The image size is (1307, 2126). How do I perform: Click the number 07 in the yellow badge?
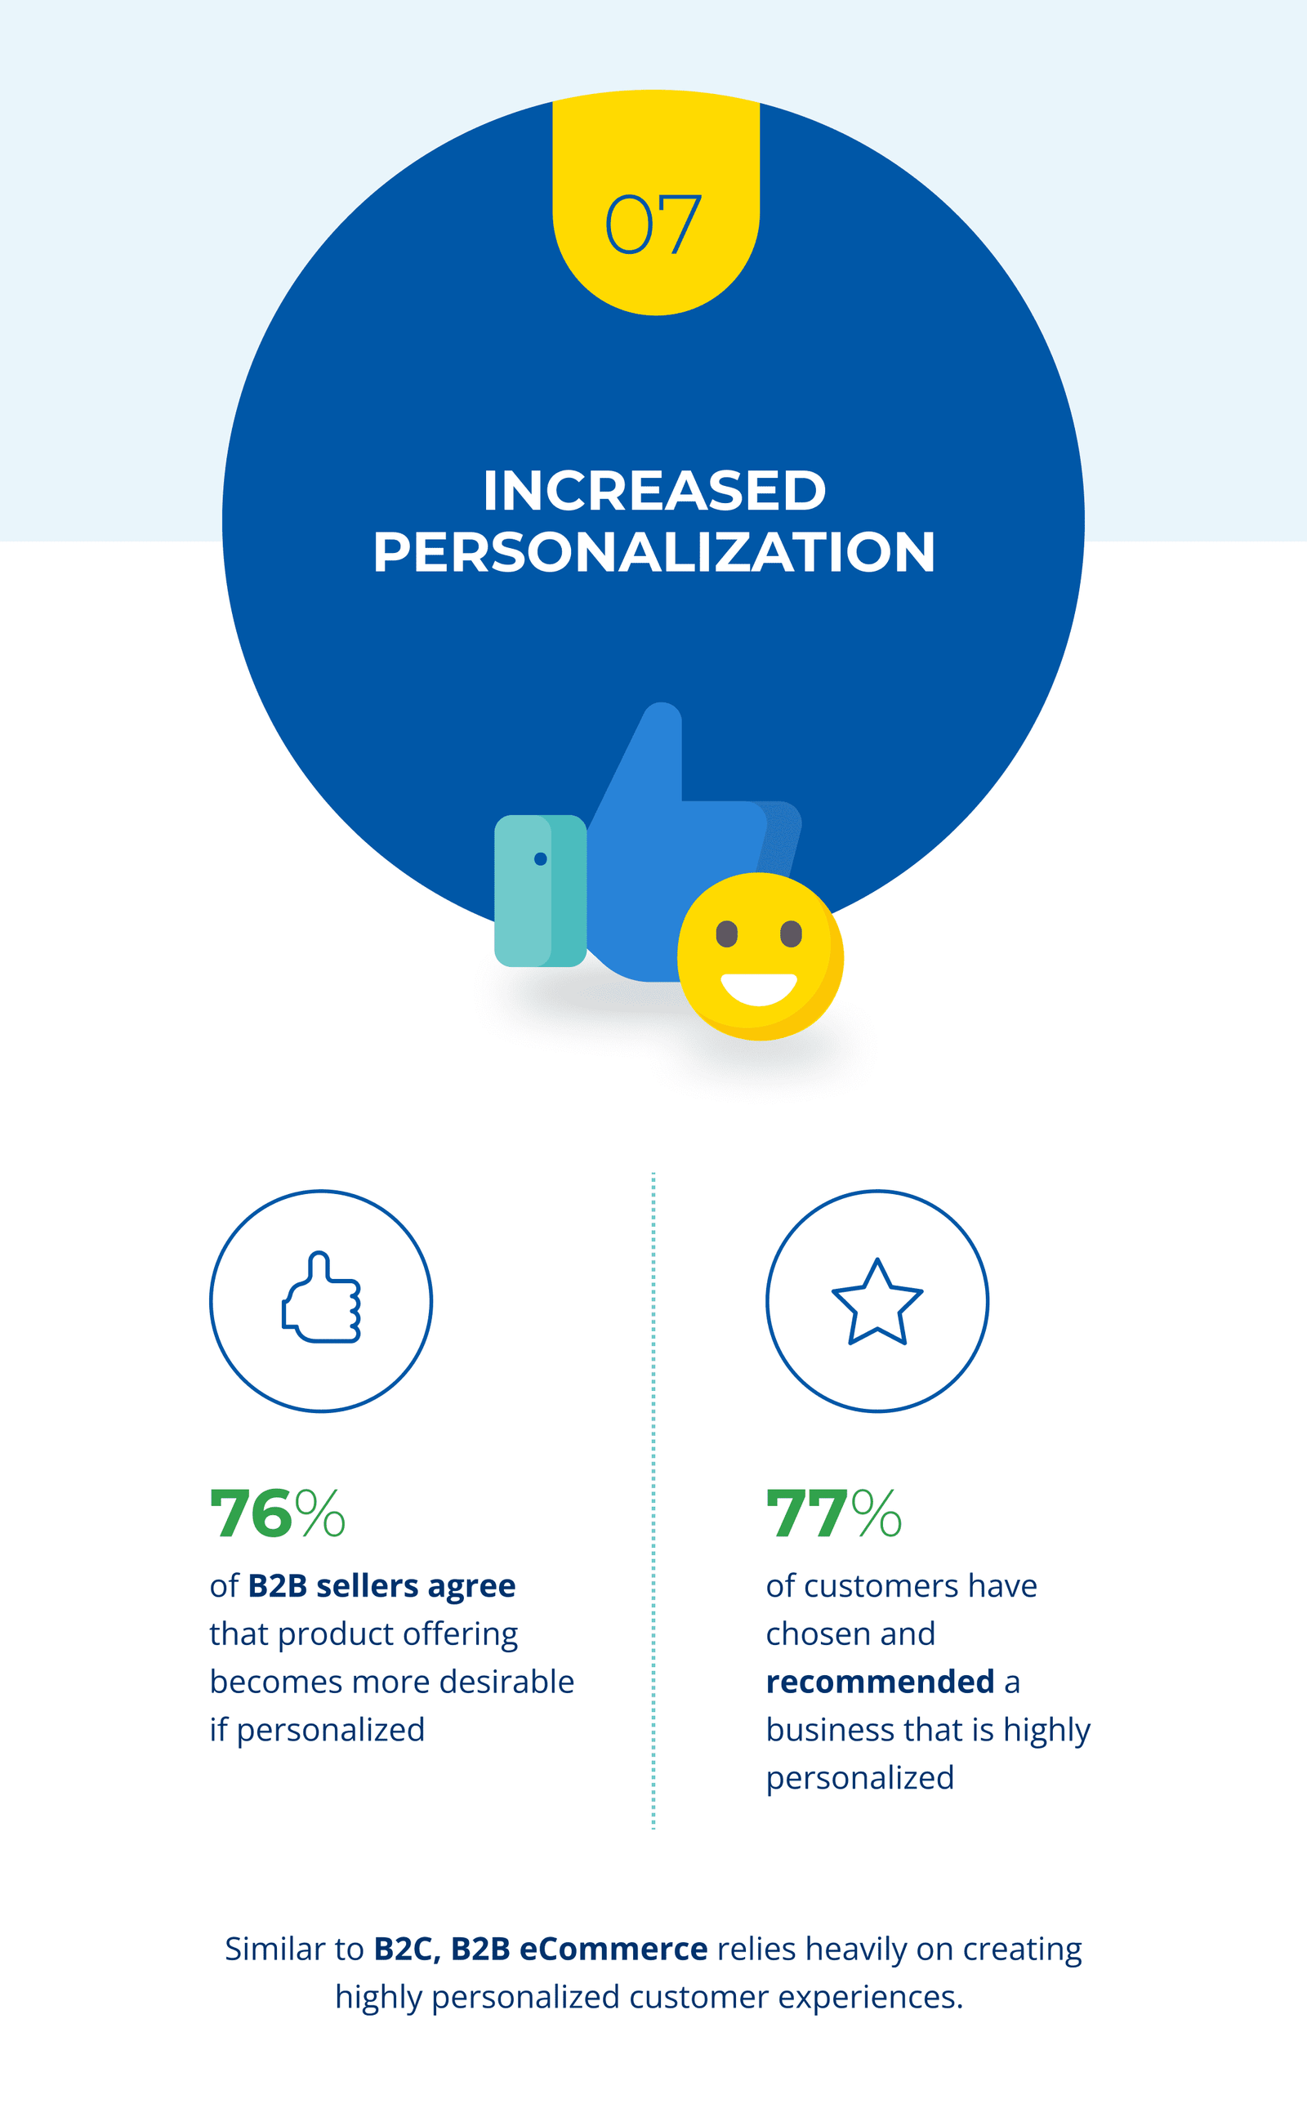click(653, 224)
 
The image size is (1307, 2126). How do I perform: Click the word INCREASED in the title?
click(654, 490)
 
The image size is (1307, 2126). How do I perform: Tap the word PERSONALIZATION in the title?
click(653, 551)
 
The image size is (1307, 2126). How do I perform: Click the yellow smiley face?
click(760, 956)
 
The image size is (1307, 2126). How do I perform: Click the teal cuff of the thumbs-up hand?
click(540, 890)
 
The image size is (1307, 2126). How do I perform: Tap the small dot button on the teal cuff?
click(540, 858)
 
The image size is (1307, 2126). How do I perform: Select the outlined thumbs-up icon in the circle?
click(321, 1296)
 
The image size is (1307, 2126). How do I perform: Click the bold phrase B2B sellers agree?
click(381, 1587)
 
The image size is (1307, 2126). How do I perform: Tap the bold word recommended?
click(880, 1681)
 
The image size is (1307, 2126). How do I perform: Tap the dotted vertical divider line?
click(653, 1500)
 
